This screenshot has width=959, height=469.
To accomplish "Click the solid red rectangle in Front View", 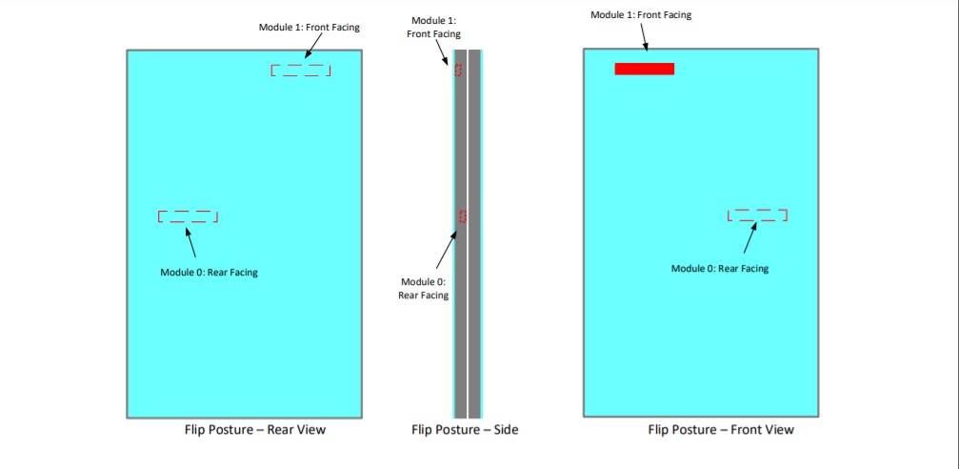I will coord(645,69).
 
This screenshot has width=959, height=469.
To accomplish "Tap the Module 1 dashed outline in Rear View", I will coord(301,71).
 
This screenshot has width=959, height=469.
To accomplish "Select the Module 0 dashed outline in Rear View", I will coord(188,216).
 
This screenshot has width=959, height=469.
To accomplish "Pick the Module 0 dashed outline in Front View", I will coord(757,215).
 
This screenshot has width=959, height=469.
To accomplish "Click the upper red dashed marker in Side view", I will coord(458,70).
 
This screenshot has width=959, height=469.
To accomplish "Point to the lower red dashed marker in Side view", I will coord(463,216).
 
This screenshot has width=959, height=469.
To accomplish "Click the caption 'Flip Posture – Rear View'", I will coord(255,430).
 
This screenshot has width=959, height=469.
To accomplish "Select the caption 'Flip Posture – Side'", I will coord(465,430).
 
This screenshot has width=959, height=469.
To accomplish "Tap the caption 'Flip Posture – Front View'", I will coord(721,430).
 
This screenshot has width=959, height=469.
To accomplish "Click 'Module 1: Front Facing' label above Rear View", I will coord(310,27).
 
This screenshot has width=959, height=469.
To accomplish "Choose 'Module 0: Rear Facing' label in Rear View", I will coord(209,273).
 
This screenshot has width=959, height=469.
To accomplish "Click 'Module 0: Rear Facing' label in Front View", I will coord(719,269).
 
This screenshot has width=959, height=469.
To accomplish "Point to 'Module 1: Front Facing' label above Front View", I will coord(641,15).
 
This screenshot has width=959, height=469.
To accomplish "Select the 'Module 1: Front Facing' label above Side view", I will coord(433,28).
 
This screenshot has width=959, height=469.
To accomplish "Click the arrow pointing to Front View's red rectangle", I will coord(644,36).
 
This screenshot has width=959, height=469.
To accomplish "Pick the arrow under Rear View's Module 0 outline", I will coord(191,243).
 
